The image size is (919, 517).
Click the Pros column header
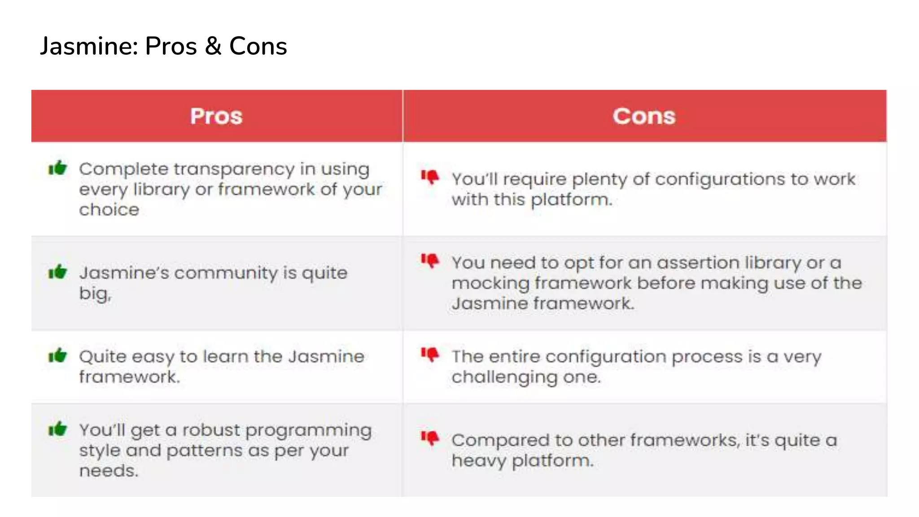tap(216, 116)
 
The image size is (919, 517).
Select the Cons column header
tap(644, 116)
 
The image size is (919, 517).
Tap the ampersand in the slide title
tap(213, 46)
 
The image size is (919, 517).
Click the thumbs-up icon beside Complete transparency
tap(57, 168)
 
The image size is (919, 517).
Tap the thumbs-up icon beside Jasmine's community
tap(57, 272)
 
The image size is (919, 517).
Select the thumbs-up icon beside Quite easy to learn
tap(57, 355)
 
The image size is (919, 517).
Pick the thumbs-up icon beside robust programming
tap(57, 429)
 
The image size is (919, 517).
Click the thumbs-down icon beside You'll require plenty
tap(430, 177)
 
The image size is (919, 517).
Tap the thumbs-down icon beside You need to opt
tap(430, 261)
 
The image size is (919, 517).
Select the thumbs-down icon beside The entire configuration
tap(430, 355)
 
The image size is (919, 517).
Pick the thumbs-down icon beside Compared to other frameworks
tap(430, 438)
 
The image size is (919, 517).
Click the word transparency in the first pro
tap(234, 170)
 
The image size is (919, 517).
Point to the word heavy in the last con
tap(479, 461)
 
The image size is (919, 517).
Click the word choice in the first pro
tap(109, 210)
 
